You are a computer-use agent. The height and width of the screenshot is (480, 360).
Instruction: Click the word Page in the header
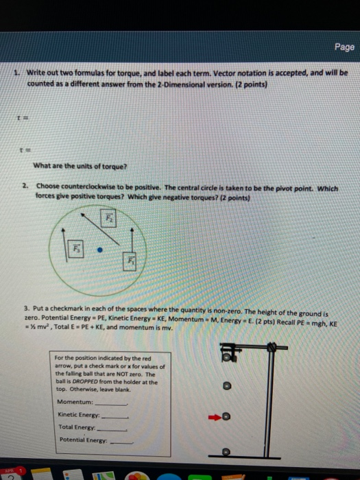pyautogui.click(x=344, y=47)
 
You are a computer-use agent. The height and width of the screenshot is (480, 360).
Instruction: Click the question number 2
pyautogui.click(x=25, y=185)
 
